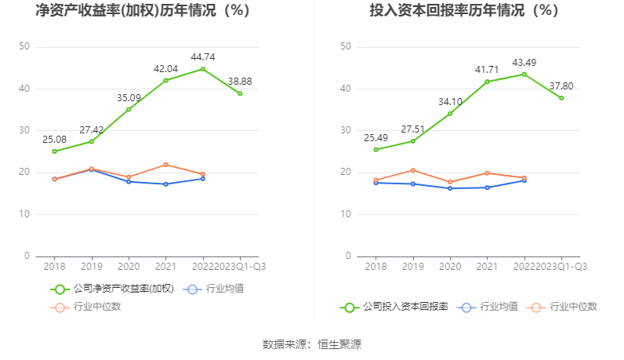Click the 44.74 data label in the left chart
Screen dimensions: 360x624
(203, 56)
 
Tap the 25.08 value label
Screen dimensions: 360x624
(54, 140)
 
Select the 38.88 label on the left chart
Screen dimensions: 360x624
(239, 81)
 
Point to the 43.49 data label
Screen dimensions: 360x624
(524, 62)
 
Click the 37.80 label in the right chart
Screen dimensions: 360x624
(561, 85)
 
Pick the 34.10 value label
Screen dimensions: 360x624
(450, 101)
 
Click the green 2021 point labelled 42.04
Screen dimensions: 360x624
(166, 80)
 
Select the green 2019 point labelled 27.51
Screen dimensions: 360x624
(413, 141)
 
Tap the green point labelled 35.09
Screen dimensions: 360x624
(129, 109)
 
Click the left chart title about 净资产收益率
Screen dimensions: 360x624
(142, 11)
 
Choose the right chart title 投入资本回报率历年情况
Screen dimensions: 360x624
(464, 11)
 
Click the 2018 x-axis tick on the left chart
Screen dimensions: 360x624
(54, 267)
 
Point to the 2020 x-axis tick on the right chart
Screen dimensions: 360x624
(450, 267)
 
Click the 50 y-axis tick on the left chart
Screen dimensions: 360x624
(25, 47)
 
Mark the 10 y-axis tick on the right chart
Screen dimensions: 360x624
(346, 214)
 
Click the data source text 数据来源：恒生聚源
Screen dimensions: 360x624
(312, 344)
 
